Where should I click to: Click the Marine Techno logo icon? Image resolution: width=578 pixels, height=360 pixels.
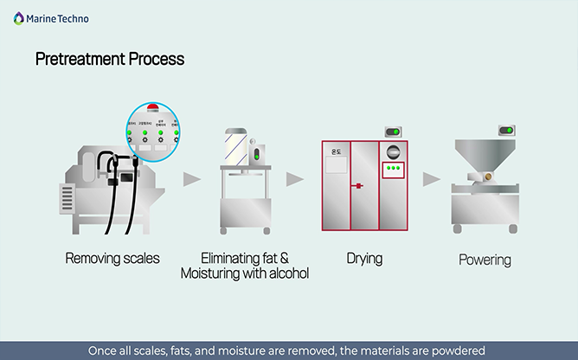coord(18,17)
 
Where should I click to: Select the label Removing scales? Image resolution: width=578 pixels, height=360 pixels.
coord(112,258)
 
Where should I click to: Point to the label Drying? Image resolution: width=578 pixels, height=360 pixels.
coord(364,258)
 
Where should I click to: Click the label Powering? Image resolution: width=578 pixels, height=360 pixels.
coord(485,259)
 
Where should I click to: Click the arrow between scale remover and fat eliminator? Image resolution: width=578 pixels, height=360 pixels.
coord(191,179)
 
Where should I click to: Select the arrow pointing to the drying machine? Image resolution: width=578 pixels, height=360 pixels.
coord(295,179)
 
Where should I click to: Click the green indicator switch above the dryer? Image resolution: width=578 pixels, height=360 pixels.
coord(392,132)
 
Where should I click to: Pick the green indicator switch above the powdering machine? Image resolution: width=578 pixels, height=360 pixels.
coord(506,132)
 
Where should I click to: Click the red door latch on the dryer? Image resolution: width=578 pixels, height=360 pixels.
coord(354,185)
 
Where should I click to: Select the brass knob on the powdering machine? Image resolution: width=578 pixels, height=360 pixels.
coord(489,176)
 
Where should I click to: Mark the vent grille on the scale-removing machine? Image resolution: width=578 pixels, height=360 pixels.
coord(66,198)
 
